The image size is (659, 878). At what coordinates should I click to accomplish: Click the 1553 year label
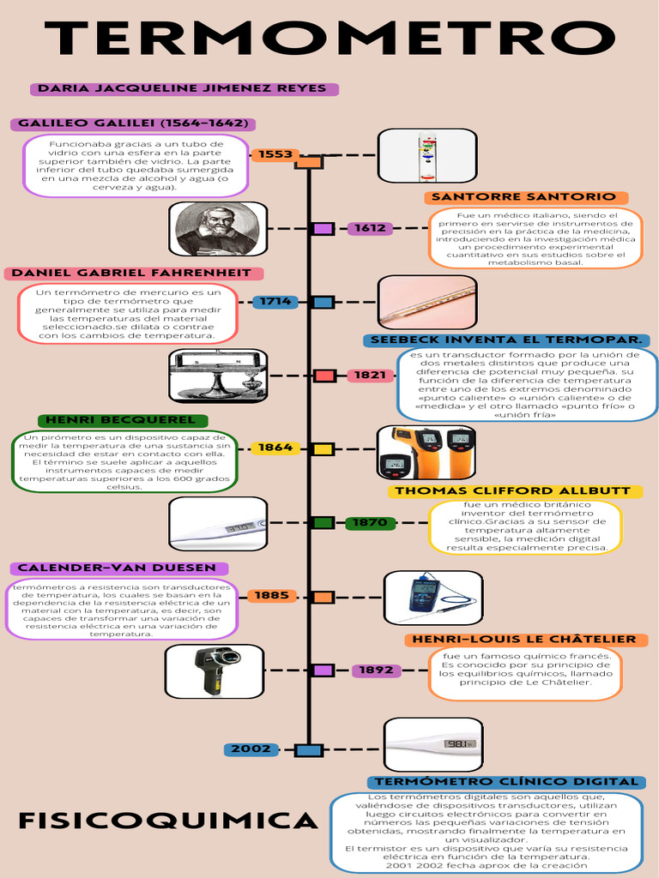[275, 154]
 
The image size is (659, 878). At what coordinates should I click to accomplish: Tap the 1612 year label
[370, 228]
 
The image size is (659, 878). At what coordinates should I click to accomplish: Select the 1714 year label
[275, 302]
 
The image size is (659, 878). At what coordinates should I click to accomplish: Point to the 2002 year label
[251, 749]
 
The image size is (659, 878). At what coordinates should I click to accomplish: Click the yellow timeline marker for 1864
[323, 448]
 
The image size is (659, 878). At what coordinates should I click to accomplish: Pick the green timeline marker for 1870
[323, 522]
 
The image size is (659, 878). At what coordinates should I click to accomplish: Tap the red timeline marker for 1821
[323, 376]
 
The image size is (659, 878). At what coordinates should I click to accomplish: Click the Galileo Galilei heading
[133, 123]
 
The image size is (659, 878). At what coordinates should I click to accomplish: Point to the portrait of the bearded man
[218, 229]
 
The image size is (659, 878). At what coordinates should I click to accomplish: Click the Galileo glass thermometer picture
[427, 155]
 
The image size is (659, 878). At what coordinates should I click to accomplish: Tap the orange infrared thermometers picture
[427, 452]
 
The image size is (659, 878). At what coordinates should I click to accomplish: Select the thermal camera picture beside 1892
[215, 671]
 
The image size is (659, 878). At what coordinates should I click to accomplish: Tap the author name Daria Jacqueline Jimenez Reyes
[183, 88]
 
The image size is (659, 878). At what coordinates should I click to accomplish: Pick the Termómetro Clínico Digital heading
[506, 782]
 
